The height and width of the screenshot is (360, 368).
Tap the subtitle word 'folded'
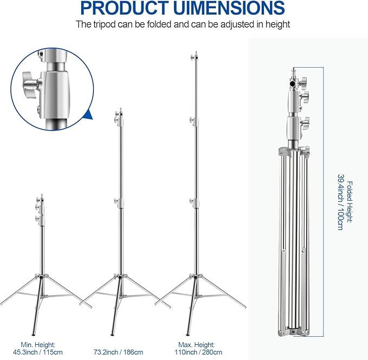coord(162,24)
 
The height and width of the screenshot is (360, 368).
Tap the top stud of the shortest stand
coord(42,195)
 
